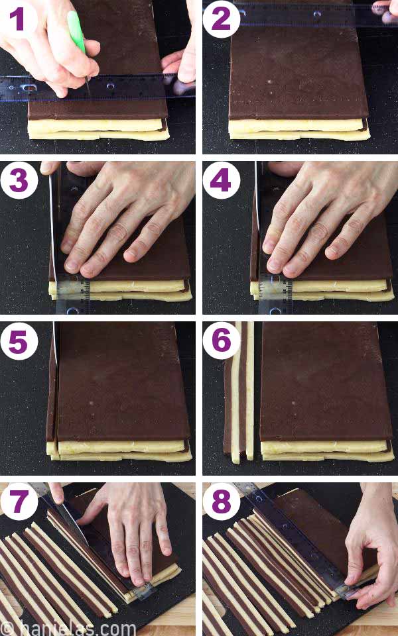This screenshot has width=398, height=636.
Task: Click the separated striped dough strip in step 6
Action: point(239,391)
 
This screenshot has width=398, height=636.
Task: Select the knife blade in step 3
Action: point(53,219)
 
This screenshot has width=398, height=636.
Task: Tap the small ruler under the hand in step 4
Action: point(275,291)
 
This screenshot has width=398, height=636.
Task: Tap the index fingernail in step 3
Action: point(70,266)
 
